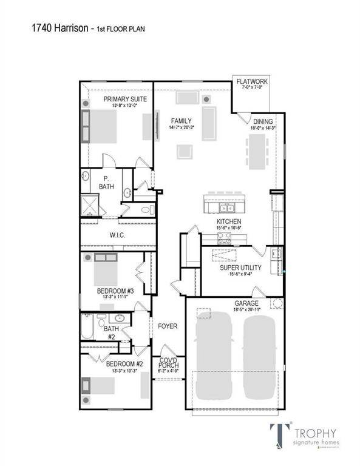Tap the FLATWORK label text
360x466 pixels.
pos(251,81)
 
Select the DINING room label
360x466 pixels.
pos(263,121)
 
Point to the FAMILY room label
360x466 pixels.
pos(181,120)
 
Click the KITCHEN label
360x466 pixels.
pos(229,222)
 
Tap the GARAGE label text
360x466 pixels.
pos(246,303)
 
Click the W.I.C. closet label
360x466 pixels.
pos(117,234)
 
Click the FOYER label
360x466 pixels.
pos(168,326)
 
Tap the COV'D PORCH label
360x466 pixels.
pos(168,362)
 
